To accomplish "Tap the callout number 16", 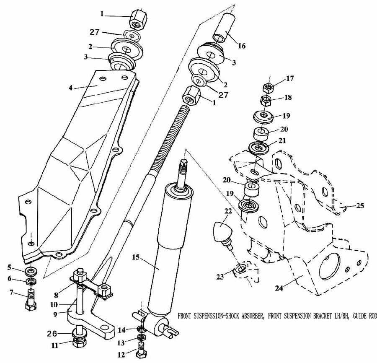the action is pos(242,46).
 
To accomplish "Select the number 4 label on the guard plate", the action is pos(70,88).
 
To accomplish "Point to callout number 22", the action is pos(228,211).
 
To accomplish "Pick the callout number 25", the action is pos(360,206).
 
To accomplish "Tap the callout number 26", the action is pos(52,334).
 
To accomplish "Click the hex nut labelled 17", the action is pos(268,88).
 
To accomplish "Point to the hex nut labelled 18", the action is pos(266,101).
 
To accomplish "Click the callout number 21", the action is pos(282,140).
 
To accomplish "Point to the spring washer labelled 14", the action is pos(142,328).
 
